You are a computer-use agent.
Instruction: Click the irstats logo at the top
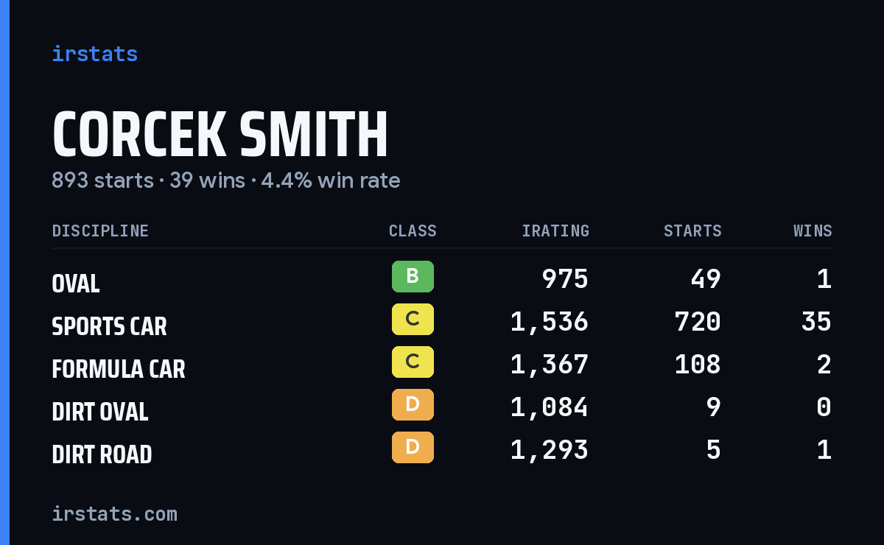(x=95, y=54)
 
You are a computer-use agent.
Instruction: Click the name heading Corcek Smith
(x=220, y=134)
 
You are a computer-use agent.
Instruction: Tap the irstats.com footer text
(x=114, y=514)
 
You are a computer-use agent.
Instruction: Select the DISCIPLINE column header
(x=100, y=231)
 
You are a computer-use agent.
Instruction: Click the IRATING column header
(x=555, y=231)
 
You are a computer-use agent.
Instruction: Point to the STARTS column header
(x=692, y=231)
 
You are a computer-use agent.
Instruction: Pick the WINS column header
(x=813, y=231)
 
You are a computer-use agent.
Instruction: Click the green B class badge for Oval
(x=413, y=276)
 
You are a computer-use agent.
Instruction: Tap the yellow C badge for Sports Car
(x=413, y=319)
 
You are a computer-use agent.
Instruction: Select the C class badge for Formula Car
(x=413, y=362)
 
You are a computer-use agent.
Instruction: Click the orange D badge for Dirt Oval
(x=413, y=404)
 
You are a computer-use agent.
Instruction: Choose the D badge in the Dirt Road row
(x=413, y=447)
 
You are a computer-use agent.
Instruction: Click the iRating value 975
(x=565, y=279)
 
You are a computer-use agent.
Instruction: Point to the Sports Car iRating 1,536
(x=550, y=323)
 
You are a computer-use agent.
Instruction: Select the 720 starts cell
(x=698, y=322)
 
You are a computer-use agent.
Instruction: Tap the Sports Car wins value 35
(x=816, y=322)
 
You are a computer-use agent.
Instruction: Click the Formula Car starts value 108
(x=698, y=365)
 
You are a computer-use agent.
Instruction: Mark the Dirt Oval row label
(x=100, y=412)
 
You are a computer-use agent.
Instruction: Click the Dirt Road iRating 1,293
(x=550, y=451)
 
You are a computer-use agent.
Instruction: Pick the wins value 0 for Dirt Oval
(x=824, y=407)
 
